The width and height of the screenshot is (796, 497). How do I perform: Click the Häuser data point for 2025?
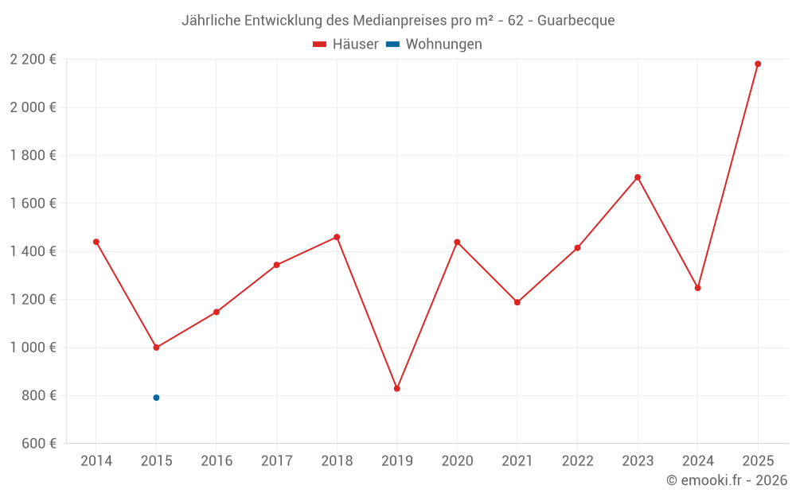click(758, 64)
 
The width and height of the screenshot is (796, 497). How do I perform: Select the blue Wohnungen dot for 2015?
click(156, 398)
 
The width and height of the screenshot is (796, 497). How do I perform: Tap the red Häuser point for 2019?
click(397, 389)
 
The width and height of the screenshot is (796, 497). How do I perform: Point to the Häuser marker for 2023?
click(638, 177)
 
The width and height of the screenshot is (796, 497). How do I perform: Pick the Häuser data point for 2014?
click(96, 242)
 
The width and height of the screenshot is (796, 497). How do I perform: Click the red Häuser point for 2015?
click(156, 348)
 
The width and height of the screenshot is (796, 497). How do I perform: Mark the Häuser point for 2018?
click(337, 237)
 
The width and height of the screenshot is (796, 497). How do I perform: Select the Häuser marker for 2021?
click(517, 302)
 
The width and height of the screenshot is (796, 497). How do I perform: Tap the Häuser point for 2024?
click(698, 288)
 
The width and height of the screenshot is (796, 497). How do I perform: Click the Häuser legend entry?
click(346, 45)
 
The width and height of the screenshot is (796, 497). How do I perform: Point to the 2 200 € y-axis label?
click(33, 60)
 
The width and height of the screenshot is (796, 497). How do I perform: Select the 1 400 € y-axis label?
click(33, 251)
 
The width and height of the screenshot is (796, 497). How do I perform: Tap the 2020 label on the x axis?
click(457, 461)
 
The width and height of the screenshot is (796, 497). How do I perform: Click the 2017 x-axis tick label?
click(276, 461)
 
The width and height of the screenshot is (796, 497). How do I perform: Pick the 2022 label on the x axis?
click(577, 461)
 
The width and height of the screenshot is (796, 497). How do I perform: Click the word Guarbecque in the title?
click(576, 21)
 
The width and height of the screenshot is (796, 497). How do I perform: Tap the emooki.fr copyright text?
click(727, 480)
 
